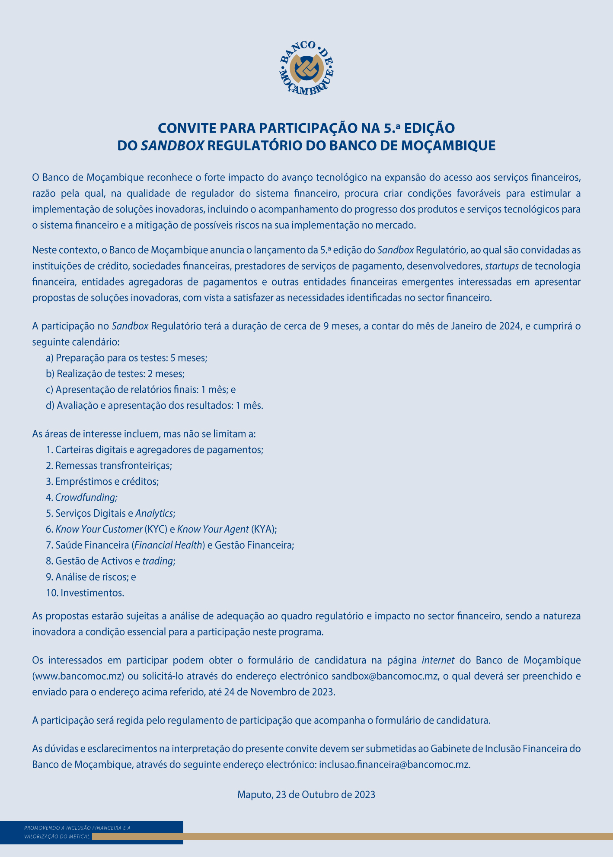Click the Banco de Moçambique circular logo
click(306, 68)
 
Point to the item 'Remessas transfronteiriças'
click(109, 466)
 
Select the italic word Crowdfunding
click(86, 498)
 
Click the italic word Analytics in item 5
click(154, 514)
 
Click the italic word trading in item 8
click(158, 561)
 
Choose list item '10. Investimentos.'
click(85, 593)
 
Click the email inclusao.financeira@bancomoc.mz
click(394, 765)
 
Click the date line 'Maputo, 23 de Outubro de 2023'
click(306, 795)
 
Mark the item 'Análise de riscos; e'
click(91, 577)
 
